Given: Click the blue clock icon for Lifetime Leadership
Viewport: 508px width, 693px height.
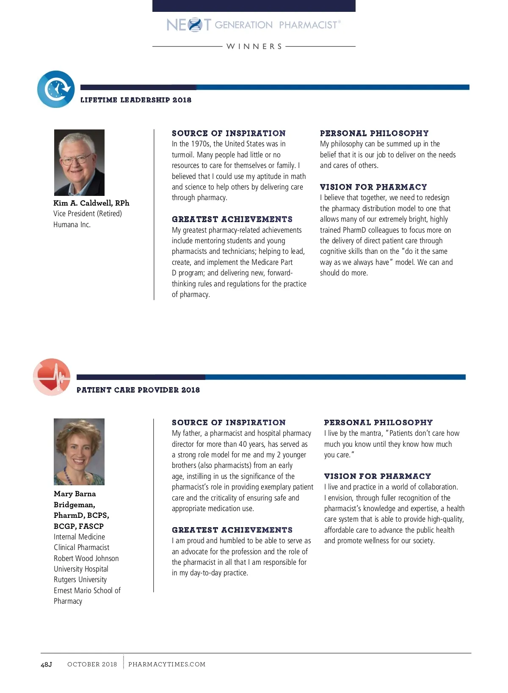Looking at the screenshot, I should (56, 89).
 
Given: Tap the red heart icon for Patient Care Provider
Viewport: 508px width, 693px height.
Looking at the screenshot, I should (52, 377).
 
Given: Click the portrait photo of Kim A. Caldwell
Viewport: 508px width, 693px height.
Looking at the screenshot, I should (79, 162).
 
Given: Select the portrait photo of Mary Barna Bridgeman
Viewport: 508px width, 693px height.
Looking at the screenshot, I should (79, 451).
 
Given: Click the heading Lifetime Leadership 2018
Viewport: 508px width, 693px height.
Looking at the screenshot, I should (136, 100).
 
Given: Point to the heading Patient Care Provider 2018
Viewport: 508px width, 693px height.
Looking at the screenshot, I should (138, 390).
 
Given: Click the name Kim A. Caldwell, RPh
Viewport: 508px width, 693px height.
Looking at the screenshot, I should (91, 203).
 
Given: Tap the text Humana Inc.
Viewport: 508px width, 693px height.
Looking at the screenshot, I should (72, 225).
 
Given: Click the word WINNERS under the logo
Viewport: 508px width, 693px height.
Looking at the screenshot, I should (254, 47).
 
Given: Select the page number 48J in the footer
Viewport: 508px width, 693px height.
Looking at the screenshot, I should (46, 664).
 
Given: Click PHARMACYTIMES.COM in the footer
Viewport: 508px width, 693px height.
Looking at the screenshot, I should (167, 664).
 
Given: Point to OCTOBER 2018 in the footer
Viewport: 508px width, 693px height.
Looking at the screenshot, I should (92, 664).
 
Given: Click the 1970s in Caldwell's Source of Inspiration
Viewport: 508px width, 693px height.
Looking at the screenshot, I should (200, 144).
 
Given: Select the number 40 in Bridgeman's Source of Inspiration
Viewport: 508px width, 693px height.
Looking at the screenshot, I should (243, 444).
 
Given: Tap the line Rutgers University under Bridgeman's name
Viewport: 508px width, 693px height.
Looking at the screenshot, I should (80, 580).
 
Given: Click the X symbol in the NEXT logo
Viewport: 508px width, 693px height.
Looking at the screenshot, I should (195, 25).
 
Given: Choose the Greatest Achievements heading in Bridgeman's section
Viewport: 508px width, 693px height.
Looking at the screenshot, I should (232, 530).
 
